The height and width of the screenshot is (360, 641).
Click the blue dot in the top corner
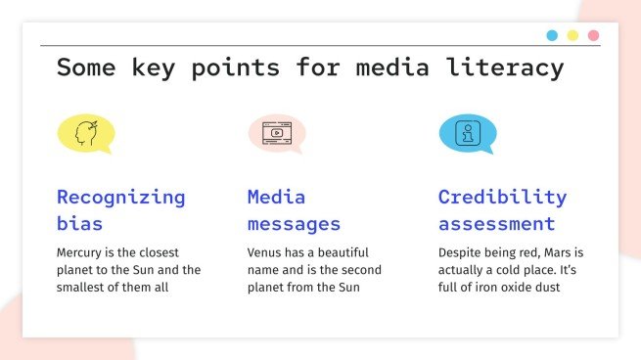pos(552,36)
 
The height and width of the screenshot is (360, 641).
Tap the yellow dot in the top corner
pos(572,36)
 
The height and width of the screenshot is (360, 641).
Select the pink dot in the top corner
pos(593,36)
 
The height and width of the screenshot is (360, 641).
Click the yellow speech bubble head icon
pos(86,133)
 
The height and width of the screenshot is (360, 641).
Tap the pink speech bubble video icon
pos(276,133)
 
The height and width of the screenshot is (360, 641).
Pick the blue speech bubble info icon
pos(467,133)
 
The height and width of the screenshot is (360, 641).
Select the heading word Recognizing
pos(120,197)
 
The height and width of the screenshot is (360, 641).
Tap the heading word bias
pos(79,224)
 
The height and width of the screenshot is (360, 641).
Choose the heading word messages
pos(294,224)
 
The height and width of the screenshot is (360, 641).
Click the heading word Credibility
pos(502,197)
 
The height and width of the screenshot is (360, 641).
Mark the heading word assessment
pos(496,224)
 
